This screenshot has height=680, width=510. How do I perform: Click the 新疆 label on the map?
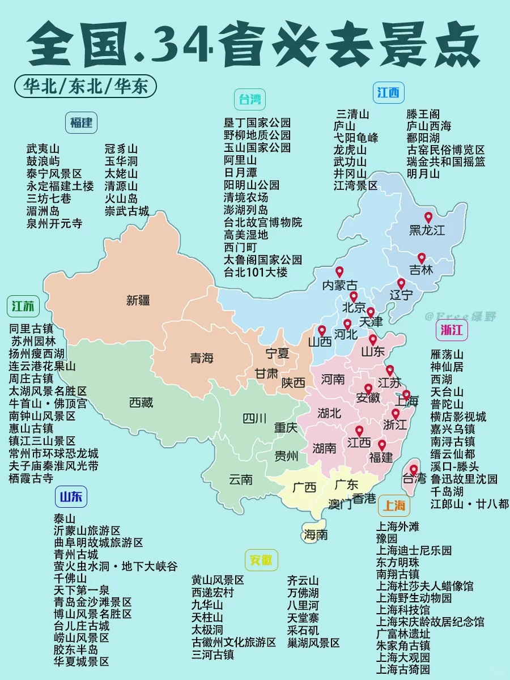click(x=138, y=300)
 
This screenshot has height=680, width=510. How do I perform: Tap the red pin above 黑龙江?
click(x=428, y=218)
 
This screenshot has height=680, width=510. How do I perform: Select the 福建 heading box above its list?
click(x=81, y=123)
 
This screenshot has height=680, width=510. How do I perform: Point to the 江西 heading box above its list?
click(x=388, y=92)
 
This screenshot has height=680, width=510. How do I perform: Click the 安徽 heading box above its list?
click(x=261, y=560)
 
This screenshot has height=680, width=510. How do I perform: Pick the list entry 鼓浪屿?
click(x=42, y=161)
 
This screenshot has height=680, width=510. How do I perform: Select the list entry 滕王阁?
click(x=423, y=114)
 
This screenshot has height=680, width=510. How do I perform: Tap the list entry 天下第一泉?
click(x=82, y=590)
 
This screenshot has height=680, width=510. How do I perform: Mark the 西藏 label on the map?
click(x=141, y=403)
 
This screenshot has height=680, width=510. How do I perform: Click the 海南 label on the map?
click(x=316, y=534)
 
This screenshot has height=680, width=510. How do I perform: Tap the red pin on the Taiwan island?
click(x=414, y=470)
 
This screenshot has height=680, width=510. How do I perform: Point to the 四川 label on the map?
click(x=254, y=419)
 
